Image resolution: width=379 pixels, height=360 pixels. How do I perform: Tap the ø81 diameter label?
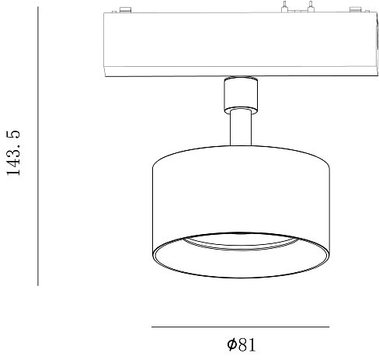(x=241, y=344)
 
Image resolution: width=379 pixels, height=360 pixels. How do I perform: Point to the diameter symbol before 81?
(x=231, y=344)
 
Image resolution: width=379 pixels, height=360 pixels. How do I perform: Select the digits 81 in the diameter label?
(x=246, y=344)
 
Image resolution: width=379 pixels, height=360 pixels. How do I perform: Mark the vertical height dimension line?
(x=38, y=148)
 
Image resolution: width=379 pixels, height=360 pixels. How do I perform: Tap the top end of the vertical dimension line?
(x=38, y=9)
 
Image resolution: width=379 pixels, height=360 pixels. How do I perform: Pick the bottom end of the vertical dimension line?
(x=38, y=285)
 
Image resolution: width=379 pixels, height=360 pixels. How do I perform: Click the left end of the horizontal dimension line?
(x=151, y=327)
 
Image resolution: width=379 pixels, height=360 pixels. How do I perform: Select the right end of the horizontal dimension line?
(x=329, y=327)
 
